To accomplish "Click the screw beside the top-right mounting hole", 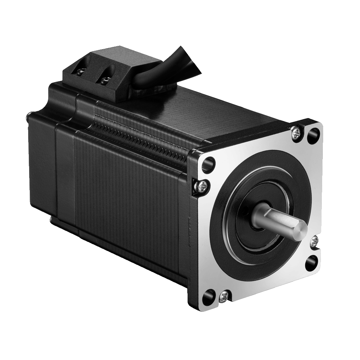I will [297, 134].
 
